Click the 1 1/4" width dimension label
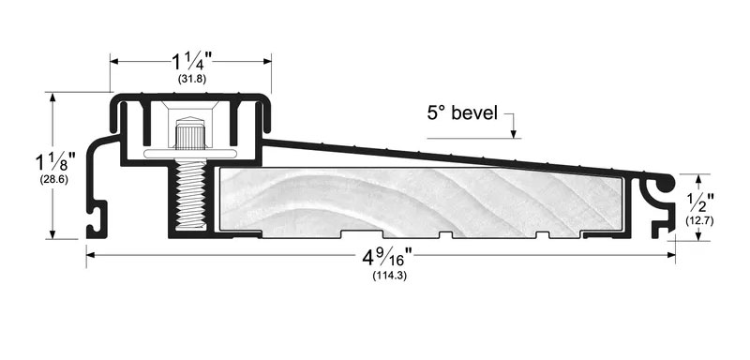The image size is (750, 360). tap(192, 62)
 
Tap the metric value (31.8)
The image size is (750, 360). tap(192, 80)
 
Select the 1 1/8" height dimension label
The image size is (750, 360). tap(55, 163)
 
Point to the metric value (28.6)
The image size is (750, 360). tap(54, 180)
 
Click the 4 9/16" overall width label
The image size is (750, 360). tap(388, 258)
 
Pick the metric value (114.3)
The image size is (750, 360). tap(390, 276)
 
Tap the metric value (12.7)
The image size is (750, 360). tap(699, 220)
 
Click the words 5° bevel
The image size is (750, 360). tap(462, 113)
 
